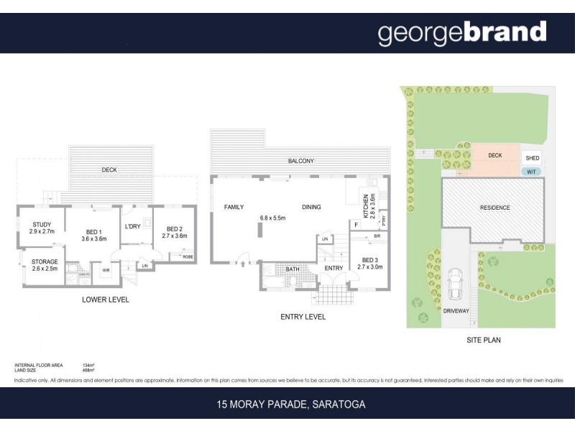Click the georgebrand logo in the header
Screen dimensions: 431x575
pos(462,33)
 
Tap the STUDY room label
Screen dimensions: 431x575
pos(41,223)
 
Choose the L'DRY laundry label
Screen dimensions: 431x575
pos(132,226)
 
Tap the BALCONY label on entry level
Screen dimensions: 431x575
pos(300,162)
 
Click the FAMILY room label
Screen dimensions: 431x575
pos(234,207)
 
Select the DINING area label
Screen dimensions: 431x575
pos(311,207)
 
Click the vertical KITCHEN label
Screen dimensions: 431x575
pos(367,208)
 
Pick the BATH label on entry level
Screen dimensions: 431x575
pos(293,269)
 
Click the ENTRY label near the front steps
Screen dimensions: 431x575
pos(333,269)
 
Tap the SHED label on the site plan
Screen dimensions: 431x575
pos(533,158)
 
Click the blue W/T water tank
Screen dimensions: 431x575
pos(532,171)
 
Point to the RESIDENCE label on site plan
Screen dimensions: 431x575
pos(494,208)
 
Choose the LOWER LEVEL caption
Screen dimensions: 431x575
pos(105,300)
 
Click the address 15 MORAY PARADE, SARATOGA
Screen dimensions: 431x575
pos(291,404)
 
